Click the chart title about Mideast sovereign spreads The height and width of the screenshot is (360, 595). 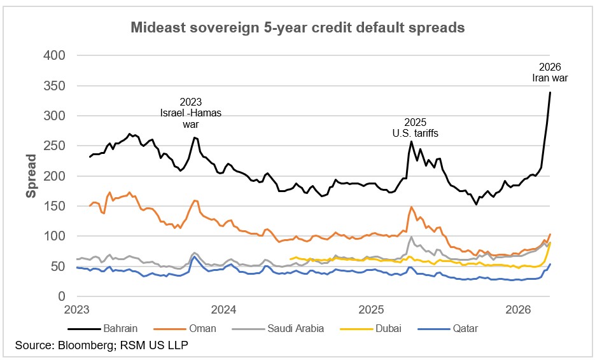point(297,28)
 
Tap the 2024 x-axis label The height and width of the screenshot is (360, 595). point(224,310)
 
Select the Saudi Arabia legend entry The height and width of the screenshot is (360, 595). point(296,328)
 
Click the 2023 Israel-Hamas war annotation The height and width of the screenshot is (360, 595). point(192,113)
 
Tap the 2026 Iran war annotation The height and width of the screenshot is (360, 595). point(550,73)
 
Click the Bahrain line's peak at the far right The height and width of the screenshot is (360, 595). point(550,93)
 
